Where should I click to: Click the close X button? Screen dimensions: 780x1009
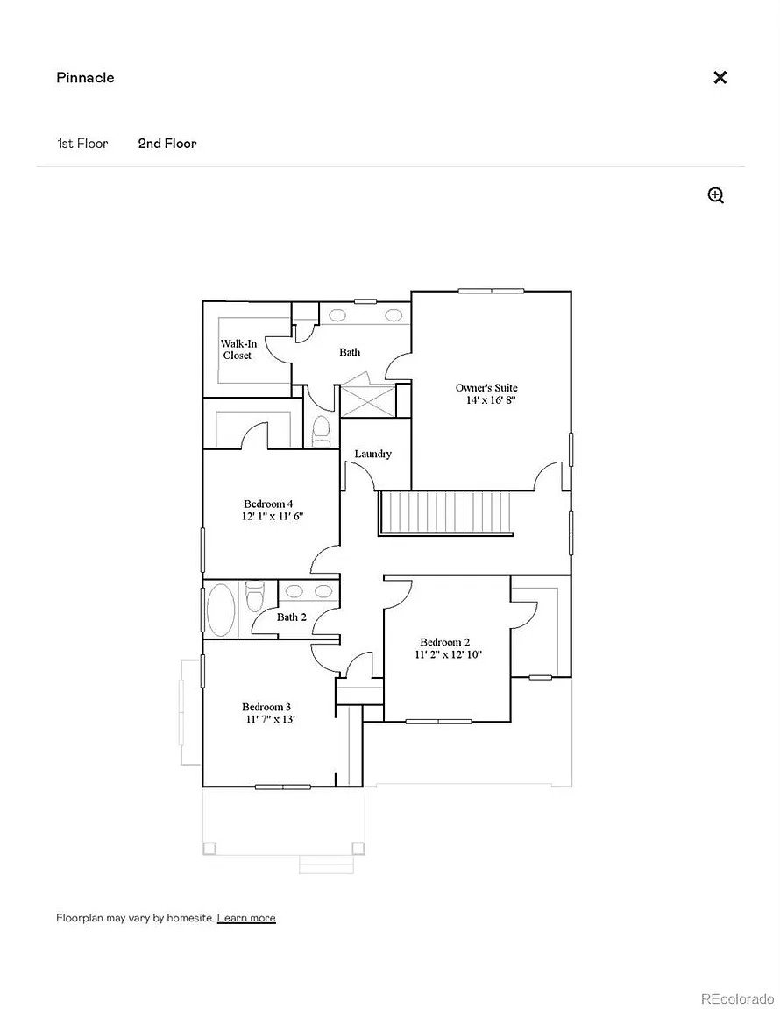720,77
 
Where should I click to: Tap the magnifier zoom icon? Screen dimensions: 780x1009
716,195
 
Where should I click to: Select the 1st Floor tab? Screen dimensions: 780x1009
82,144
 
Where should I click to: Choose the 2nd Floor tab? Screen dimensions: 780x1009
167,144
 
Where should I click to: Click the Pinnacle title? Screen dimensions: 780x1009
85,78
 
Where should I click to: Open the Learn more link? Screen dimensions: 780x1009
246,918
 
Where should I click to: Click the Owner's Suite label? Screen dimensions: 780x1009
486,387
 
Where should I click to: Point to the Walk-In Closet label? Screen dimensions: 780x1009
238,349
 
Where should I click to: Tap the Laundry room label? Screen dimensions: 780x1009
373,454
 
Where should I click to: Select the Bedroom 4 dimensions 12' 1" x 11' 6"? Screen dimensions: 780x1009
273,516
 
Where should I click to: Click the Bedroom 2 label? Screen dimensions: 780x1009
444,641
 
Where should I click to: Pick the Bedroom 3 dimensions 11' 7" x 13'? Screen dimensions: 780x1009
270,719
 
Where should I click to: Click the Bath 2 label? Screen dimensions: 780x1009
292,617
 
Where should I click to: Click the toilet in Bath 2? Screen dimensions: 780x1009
255,596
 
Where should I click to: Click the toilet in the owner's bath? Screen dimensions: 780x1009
320,431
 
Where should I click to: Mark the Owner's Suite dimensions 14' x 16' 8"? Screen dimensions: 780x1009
492,399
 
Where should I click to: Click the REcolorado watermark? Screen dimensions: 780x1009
736,998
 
